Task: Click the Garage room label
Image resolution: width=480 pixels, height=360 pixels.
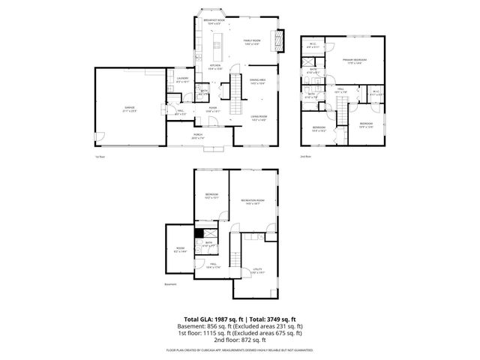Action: pos(130,109)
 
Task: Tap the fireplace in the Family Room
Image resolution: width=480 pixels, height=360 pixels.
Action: pos(282,40)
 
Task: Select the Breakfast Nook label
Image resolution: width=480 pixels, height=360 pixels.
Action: pos(217,21)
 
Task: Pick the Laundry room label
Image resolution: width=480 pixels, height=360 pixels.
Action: pos(181,79)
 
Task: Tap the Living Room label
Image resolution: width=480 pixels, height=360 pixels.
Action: pos(259,117)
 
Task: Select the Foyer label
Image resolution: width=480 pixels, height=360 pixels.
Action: pos(213,109)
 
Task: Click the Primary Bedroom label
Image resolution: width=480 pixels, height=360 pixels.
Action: pos(355,60)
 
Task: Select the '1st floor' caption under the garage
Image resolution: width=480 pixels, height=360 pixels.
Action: pos(99,157)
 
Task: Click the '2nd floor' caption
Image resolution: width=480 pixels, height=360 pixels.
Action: pos(305,156)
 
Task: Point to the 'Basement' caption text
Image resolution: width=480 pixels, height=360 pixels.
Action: pos(171,284)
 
